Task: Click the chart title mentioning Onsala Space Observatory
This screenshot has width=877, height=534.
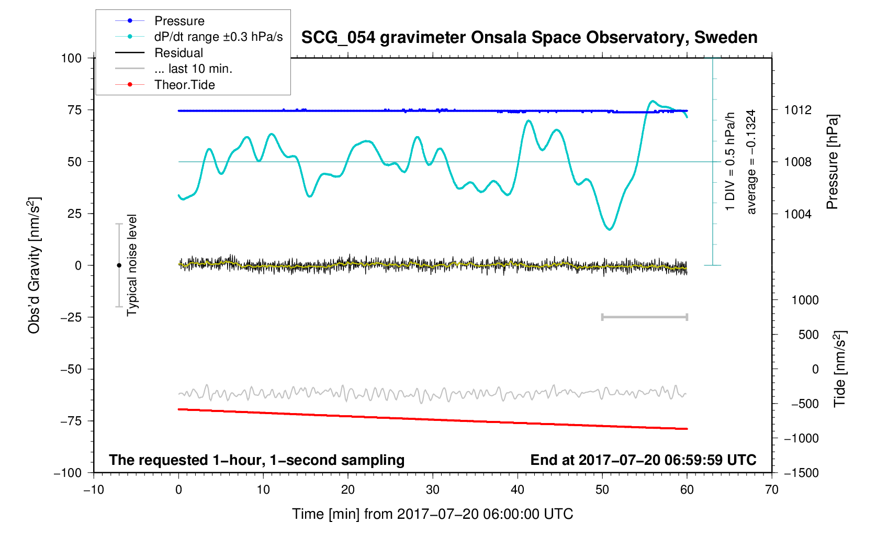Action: [x=529, y=38]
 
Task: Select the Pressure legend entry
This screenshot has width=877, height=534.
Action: [x=179, y=21]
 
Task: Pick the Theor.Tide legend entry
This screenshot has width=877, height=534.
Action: [x=184, y=85]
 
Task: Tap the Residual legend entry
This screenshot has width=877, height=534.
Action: [x=178, y=53]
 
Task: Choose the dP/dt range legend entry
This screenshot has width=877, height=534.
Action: [x=218, y=37]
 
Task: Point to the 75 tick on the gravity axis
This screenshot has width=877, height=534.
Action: [x=75, y=110]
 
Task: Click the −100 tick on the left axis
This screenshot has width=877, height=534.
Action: [x=68, y=473]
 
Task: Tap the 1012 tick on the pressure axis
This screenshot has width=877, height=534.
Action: [x=797, y=110]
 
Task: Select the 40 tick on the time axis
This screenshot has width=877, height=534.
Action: [x=517, y=490]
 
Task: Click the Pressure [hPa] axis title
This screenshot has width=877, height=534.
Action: [x=832, y=162]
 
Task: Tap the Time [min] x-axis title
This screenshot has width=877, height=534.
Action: [x=432, y=514]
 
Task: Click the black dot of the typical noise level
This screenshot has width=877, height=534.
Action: [x=119, y=265]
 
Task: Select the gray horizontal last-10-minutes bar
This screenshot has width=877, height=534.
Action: [x=644, y=317]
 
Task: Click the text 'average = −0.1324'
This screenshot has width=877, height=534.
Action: [x=751, y=162]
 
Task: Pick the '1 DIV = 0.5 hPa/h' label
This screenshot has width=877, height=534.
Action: [x=730, y=162]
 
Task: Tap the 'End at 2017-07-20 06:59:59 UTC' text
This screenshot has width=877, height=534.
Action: [x=643, y=460]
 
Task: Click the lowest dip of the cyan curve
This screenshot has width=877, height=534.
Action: [x=610, y=229]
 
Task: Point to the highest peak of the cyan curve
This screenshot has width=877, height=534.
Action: [x=652, y=101]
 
